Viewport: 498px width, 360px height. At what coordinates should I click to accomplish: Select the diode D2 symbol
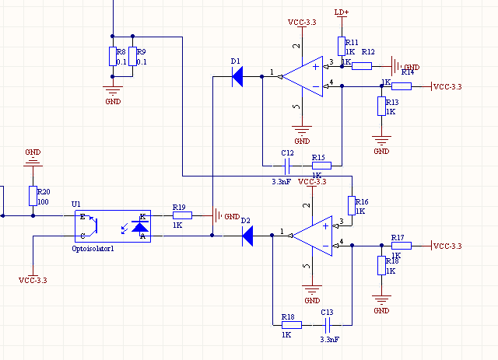pos(248,234)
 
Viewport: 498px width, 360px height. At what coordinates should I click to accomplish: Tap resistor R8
pos(113,56)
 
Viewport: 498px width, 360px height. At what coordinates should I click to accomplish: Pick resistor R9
pos(133,56)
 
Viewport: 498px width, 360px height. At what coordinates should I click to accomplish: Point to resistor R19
pos(182,215)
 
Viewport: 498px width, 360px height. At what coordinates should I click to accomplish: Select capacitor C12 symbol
pos(287,165)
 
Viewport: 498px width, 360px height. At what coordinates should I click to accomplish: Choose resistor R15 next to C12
pos(321,165)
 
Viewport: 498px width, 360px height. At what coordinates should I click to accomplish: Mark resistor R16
pos(352,205)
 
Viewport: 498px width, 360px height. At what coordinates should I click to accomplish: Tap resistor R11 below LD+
pos(341,46)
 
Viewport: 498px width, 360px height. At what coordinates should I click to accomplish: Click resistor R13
pos(381,106)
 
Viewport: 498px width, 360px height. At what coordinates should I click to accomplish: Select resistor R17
pos(401,246)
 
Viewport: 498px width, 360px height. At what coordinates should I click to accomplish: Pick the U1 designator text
pos(76,204)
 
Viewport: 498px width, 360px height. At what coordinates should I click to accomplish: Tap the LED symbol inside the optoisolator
pos(140,226)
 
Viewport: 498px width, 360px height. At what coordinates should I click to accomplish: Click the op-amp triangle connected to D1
pos(303,76)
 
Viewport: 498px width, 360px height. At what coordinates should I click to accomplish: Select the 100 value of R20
pos(44,201)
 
